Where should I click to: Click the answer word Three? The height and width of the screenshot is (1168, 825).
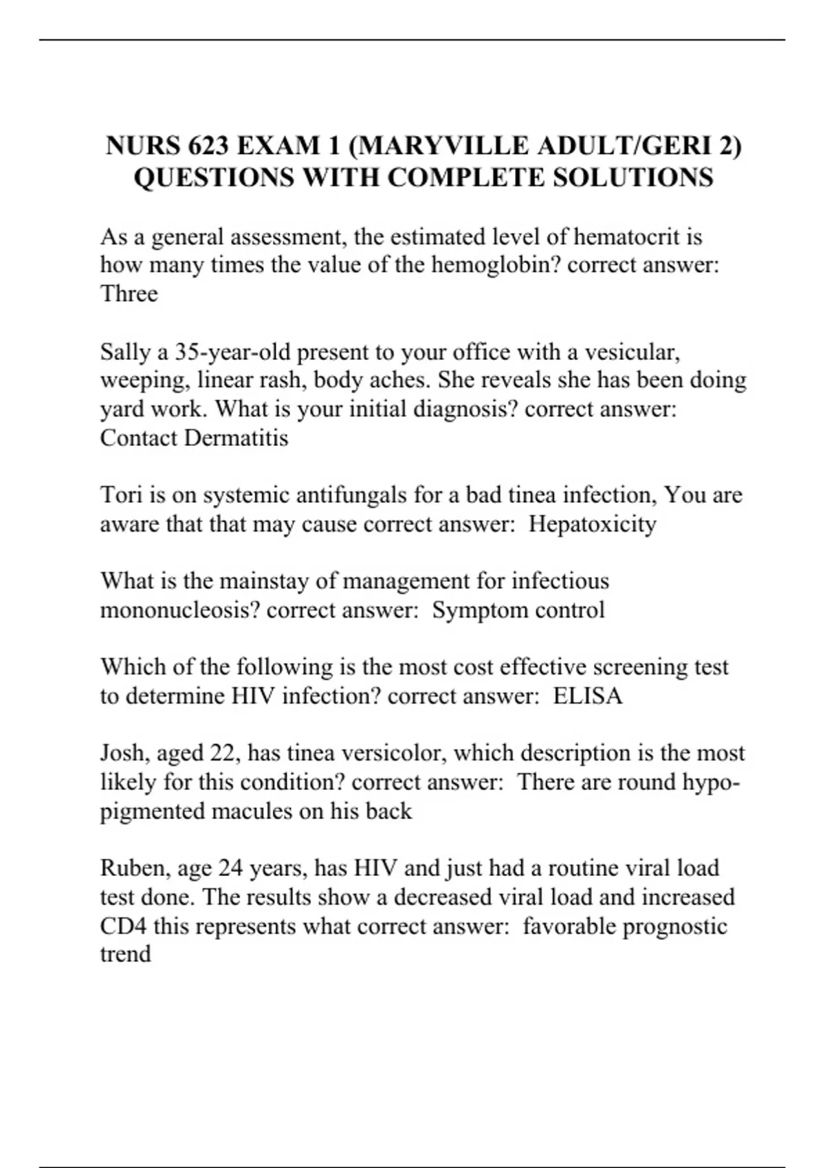(x=129, y=294)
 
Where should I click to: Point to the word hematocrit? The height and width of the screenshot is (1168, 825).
(x=637, y=237)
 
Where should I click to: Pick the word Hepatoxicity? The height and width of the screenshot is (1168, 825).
(x=592, y=524)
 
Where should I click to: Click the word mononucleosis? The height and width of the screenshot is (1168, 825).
(x=179, y=610)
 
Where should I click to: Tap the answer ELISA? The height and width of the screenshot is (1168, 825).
(x=588, y=696)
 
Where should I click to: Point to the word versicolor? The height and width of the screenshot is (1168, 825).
(x=393, y=753)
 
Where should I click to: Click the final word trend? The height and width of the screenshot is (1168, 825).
(x=125, y=954)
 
